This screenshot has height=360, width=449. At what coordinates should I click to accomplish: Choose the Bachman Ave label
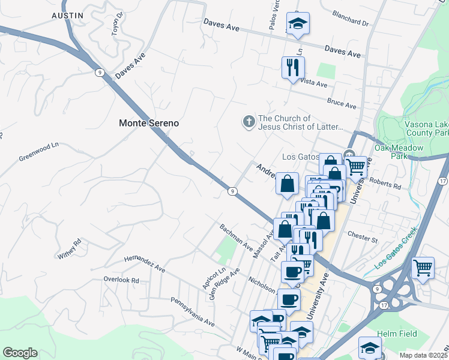[236, 237]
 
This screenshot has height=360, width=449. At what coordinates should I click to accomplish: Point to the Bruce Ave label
[342, 103]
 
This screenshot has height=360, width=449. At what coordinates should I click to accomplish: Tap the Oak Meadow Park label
[399, 152]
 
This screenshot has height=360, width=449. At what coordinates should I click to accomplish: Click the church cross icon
[249, 122]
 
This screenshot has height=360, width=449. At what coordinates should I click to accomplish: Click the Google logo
[20, 353]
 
